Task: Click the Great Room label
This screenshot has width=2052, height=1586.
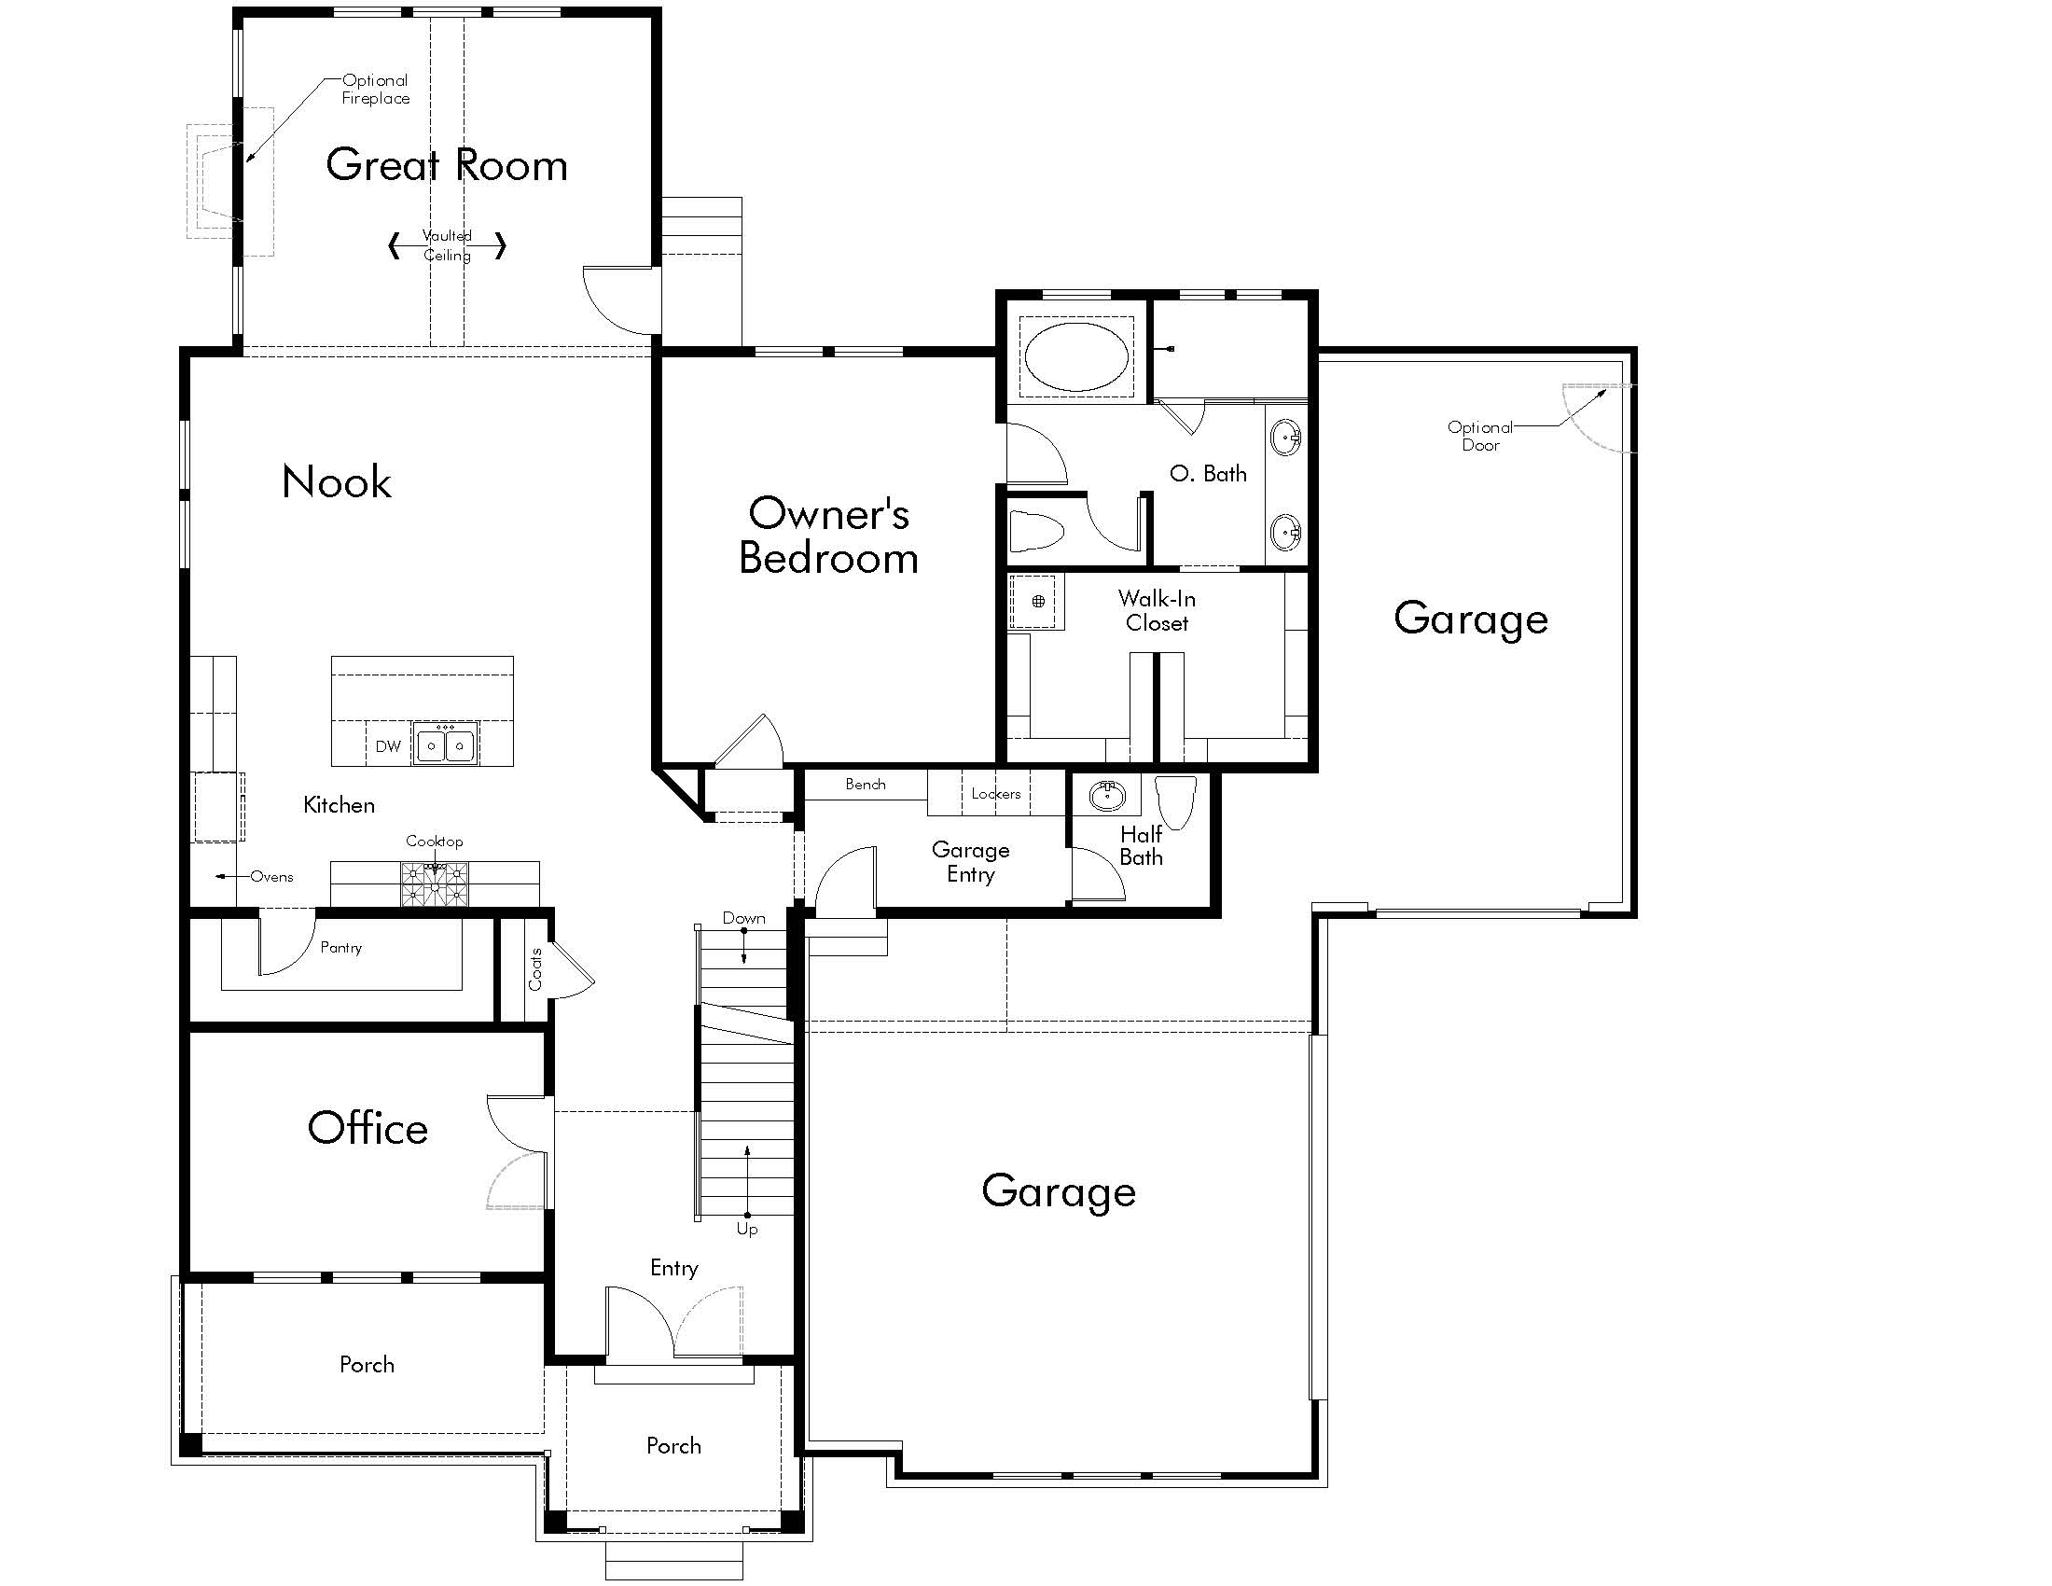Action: click(x=446, y=165)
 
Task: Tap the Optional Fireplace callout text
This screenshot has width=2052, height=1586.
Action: click(x=375, y=90)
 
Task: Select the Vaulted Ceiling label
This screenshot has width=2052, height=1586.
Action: click(x=447, y=245)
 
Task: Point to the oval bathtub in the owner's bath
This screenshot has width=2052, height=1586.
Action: click(x=1075, y=357)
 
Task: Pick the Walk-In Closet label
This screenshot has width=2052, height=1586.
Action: click(x=1157, y=611)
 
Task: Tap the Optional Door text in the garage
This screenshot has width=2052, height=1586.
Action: click(x=1480, y=436)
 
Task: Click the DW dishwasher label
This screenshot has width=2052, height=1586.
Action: click(x=388, y=746)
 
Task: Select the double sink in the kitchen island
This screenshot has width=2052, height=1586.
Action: click(x=445, y=745)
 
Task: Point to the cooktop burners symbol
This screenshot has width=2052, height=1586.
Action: click(x=434, y=883)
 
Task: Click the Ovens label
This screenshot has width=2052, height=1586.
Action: click(x=271, y=877)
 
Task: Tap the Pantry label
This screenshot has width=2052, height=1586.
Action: click(x=340, y=947)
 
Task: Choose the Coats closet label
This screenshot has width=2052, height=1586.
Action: click(x=535, y=969)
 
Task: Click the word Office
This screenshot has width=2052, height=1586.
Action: click(x=367, y=1129)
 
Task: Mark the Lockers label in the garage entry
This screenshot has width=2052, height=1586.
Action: click(x=996, y=794)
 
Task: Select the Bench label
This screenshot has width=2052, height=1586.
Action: click(x=866, y=784)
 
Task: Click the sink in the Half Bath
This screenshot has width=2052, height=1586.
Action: click(x=1107, y=796)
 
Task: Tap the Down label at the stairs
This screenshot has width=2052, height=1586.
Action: click(x=743, y=918)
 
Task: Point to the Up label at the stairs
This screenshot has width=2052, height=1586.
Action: click(x=747, y=1229)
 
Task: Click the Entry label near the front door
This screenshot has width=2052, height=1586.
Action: click(x=673, y=1268)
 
